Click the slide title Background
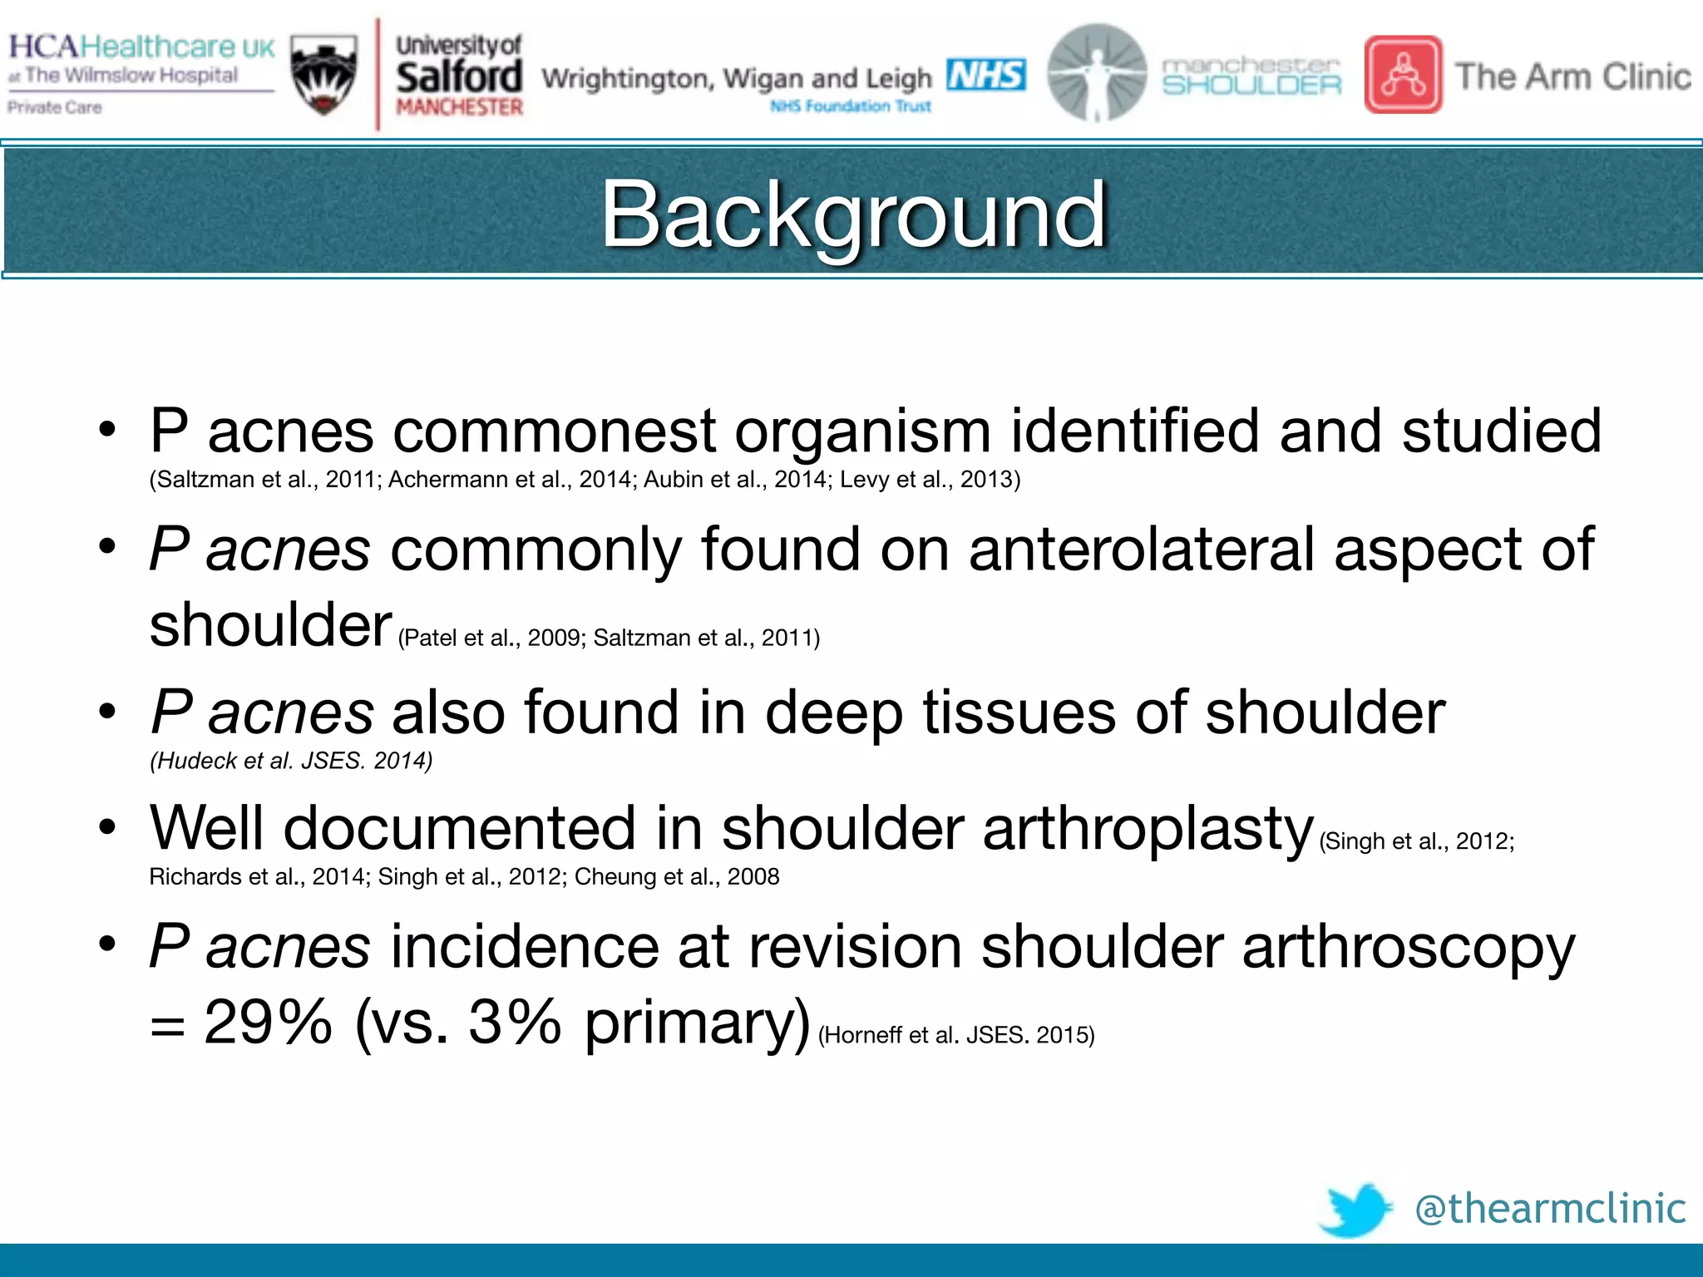point(853,214)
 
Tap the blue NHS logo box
point(985,75)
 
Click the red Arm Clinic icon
point(1403,75)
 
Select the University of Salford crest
point(325,75)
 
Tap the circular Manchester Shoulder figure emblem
point(1096,73)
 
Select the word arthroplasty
point(1148,829)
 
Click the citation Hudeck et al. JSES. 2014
point(291,761)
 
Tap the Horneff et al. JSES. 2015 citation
point(956,1035)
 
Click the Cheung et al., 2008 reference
point(677,876)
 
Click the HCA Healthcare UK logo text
point(141,47)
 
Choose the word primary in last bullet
point(697,1023)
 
